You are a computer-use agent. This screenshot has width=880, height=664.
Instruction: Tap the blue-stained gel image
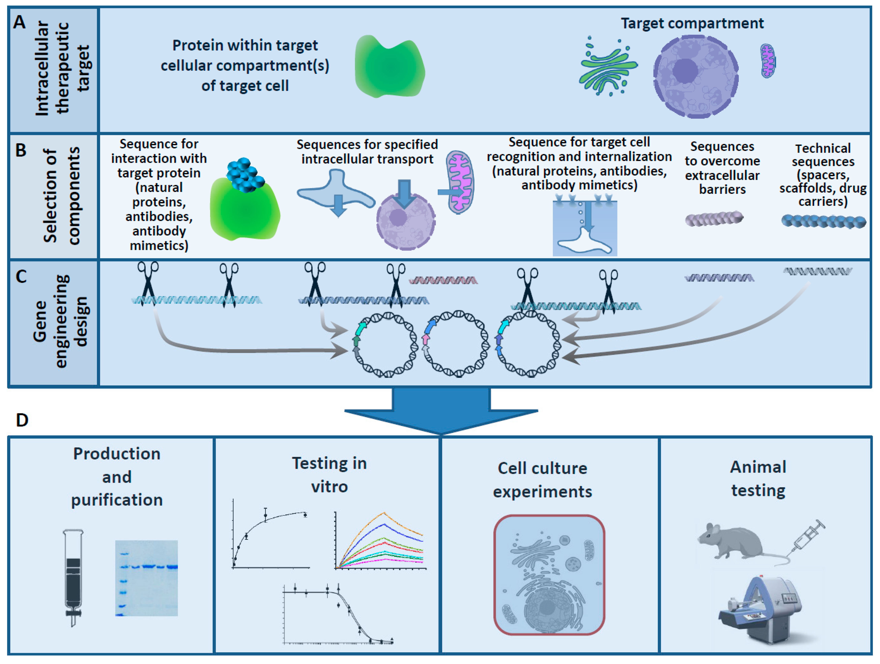click(x=146, y=578)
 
